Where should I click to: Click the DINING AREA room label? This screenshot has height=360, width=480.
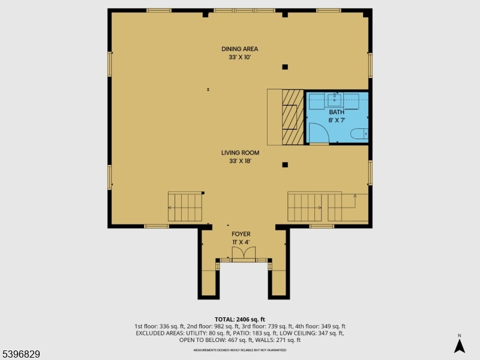(239, 49)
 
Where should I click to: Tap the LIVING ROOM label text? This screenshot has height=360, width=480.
(239, 152)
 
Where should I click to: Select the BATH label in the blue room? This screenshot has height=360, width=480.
(337, 112)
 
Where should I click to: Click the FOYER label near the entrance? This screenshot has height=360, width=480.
(241, 234)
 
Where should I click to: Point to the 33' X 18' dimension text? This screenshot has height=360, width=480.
(239, 161)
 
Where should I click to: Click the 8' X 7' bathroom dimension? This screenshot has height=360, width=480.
(337, 120)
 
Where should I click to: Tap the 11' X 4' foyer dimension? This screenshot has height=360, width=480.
(241, 242)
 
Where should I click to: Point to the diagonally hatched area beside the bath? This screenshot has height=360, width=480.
(293, 117)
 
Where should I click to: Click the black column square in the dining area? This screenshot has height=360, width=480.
(285, 67)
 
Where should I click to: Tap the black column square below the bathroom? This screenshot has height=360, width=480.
(285, 164)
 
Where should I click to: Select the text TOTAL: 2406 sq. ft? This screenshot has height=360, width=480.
(239, 319)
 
